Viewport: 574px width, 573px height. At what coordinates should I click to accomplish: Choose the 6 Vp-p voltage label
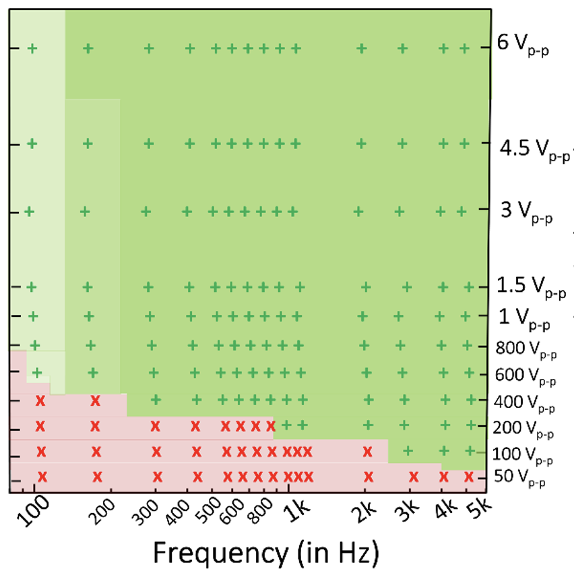point(523,46)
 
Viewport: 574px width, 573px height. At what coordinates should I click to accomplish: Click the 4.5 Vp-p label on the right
point(536,150)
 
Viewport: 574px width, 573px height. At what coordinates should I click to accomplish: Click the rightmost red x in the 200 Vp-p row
point(271,426)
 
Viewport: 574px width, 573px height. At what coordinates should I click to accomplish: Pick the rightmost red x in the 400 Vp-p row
point(96,401)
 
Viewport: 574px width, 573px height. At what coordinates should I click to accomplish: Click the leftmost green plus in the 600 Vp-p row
point(38,372)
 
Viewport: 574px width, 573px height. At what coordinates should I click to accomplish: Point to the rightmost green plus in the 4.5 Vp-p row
point(464,143)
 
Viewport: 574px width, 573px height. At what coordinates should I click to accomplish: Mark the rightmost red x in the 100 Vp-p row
point(368,451)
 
